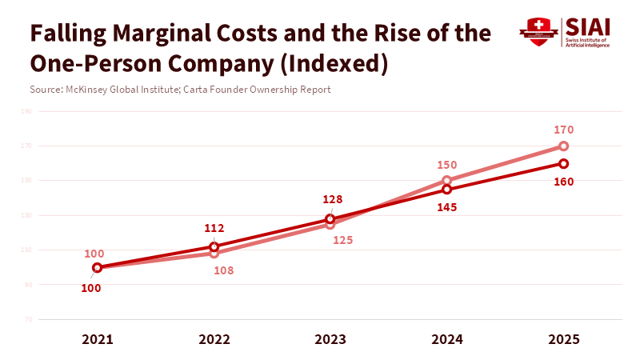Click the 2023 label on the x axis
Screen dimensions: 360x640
click(x=330, y=339)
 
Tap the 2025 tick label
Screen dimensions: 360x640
click(x=564, y=339)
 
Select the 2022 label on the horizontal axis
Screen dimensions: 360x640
click(x=214, y=339)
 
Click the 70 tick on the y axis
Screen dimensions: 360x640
click(x=28, y=319)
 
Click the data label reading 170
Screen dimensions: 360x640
click(x=564, y=130)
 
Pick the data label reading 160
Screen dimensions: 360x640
click(x=564, y=181)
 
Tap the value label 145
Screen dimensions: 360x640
click(x=446, y=207)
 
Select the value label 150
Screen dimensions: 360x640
click(x=446, y=165)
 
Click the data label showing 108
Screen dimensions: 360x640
click(x=224, y=270)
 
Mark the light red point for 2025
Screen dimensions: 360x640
click(x=564, y=146)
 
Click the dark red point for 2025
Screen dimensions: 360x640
click(x=564, y=163)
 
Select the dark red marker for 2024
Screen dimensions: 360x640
click(x=447, y=190)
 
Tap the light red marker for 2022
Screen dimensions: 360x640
click(x=214, y=254)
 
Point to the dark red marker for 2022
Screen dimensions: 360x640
click(x=214, y=246)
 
